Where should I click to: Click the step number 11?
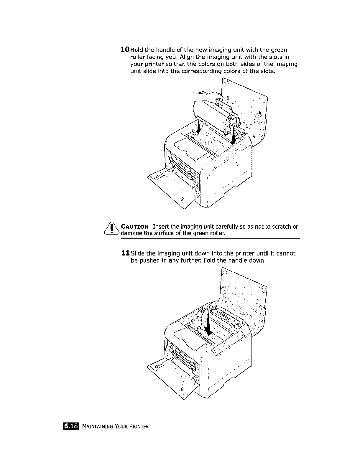pyautogui.click(x=125, y=253)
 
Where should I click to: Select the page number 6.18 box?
pyautogui.click(x=71, y=426)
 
